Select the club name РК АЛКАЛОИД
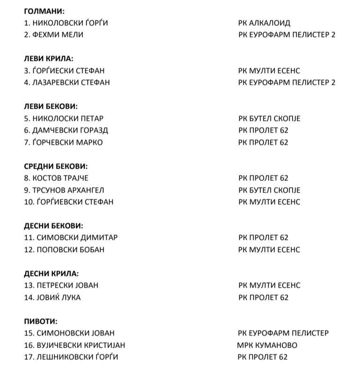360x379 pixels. pyautogui.click(x=264, y=22)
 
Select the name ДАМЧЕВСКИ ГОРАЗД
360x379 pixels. pyautogui.click(x=70, y=130)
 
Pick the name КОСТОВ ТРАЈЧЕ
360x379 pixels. pyautogui.click(x=60, y=178)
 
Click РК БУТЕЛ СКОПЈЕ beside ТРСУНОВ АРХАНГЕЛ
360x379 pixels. pyautogui.click(x=269, y=190)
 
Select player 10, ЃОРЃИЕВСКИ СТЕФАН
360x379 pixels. pyautogui.click(x=74, y=202)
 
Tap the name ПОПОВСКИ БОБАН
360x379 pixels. pyautogui.click(x=70, y=250)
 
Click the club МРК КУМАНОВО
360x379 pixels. pyautogui.click(x=267, y=345)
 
